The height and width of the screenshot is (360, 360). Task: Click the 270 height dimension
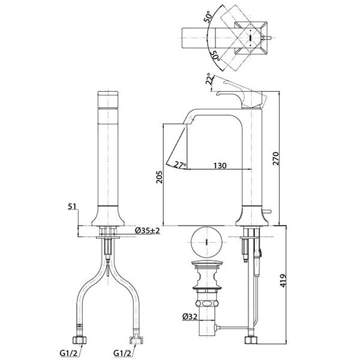point(276,158)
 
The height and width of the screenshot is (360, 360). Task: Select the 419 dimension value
point(284,281)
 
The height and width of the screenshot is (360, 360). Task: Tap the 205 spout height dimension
point(160,177)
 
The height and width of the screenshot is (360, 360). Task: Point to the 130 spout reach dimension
point(220,166)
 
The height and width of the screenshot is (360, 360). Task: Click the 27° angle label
point(180,165)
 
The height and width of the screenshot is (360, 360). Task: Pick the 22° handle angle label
point(209,79)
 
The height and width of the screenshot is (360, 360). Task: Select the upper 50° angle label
point(208,16)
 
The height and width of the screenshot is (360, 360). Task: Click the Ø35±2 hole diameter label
point(147,230)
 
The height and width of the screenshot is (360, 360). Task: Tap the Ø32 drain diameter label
point(190,317)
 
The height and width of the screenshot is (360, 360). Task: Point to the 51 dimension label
point(72,206)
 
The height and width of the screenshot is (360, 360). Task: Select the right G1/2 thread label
point(123,353)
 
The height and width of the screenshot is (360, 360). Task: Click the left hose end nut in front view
point(79,340)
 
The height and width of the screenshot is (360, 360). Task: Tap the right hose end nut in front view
point(136,340)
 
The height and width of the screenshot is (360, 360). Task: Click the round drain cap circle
point(206,242)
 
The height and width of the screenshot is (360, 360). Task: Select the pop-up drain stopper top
point(206,264)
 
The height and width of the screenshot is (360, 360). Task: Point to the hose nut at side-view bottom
point(251,340)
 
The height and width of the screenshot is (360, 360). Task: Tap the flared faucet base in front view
point(108,216)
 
